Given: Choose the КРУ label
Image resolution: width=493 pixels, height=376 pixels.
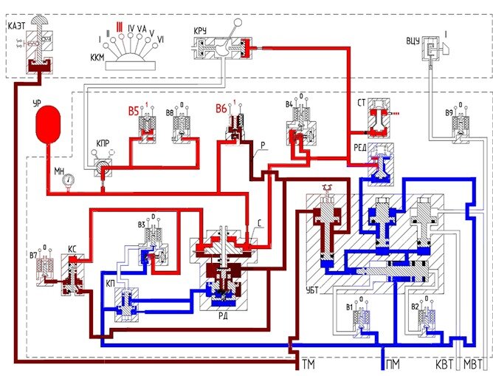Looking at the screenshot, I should coord(199,30).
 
